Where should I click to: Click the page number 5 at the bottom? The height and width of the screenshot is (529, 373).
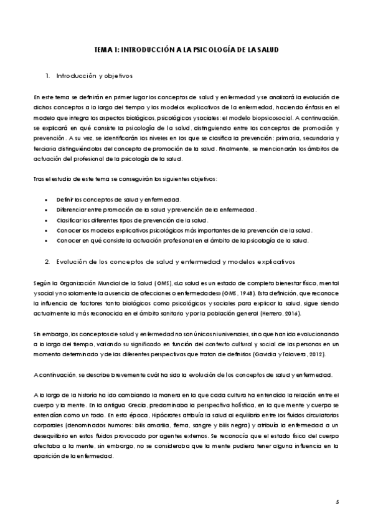337,501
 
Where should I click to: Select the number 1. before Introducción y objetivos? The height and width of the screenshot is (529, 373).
48,76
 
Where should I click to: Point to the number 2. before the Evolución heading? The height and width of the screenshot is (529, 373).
48,260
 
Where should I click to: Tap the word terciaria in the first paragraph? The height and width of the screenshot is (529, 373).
45,149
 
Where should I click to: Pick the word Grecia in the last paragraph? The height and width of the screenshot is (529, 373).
120,405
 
